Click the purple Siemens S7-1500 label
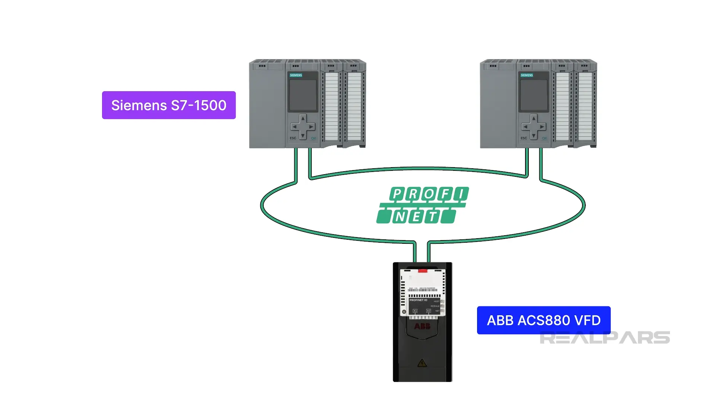[x=169, y=105]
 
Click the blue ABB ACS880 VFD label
[x=543, y=320]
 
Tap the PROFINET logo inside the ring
[x=423, y=205]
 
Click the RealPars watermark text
[x=605, y=338]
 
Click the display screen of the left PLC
[x=303, y=95]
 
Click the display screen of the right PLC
[x=534, y=95]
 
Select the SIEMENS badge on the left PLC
[x=296, y=75]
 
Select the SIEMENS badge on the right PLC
[x=527, y=75]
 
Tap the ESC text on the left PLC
[x=293, y=138]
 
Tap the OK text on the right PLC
[x=544, y=138]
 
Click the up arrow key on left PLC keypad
[x=303, y=119]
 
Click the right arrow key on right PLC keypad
[x=542, y=127]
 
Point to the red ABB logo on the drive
[x=422, y=326]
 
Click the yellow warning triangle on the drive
[x=422, y=363]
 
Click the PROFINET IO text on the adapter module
[x=419, y=300]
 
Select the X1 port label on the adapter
[x=415, y=311]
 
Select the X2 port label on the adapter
[x=429, y=311]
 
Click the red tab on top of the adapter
[x=423, y=271]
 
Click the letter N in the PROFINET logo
[x=400, y=217]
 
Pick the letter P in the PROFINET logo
[x=397, y=194]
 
